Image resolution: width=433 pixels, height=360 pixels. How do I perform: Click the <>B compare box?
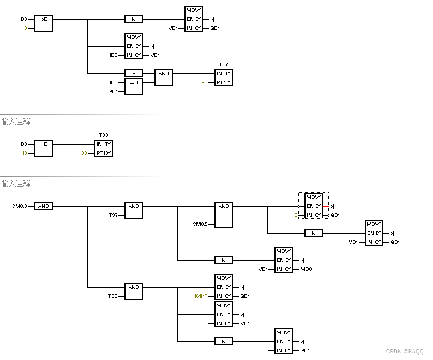(x=43, y=23)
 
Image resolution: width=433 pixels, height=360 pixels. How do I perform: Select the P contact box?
(x=133, y=73)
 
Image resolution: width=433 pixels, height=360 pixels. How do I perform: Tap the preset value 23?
(x=204, y=82)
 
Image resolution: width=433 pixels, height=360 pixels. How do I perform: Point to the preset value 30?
(x=84, y=153)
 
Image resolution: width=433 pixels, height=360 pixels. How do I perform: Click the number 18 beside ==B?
(x=24, y=153)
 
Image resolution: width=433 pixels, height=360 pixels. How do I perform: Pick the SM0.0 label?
(x=20, y=206)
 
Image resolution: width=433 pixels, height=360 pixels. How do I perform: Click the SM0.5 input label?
(x=200, y=224)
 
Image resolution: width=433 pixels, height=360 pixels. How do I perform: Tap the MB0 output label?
(x=306, y=269)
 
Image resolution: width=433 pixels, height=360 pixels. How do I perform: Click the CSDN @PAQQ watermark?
(x=404, y=352)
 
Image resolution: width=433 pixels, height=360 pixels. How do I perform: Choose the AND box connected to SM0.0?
(x=43, y=206)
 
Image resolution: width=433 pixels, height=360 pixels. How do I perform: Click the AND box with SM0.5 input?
(x=223, y=215)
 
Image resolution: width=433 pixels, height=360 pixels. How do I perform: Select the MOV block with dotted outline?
(x=313, y=206)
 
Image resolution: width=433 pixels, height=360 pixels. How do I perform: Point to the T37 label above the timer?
(x=223, y=64)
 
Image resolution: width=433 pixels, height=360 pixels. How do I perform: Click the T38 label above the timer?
(x=103, y=135)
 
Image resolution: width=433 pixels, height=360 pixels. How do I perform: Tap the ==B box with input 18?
(x=43, y=148)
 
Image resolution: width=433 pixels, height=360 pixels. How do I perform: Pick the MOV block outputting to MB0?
(x=283, y=260)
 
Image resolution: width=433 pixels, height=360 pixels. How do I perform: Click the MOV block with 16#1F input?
(x=223, y=287)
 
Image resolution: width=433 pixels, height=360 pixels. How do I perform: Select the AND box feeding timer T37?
(x=163, y=76)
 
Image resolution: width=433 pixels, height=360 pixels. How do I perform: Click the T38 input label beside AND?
(x=113, y=296)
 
